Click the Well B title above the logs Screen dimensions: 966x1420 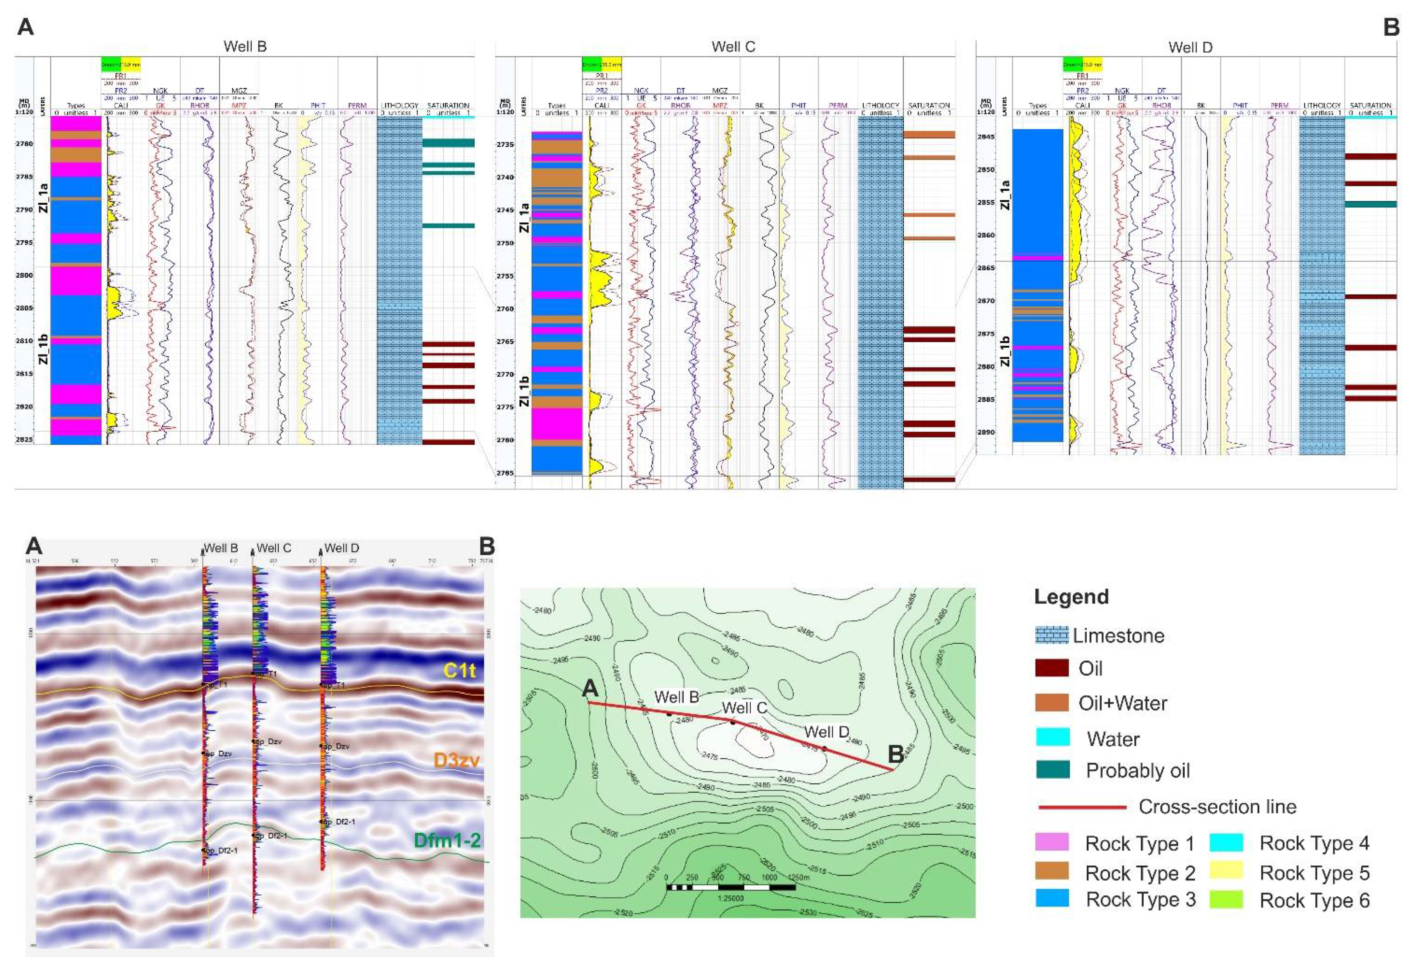[245, 46]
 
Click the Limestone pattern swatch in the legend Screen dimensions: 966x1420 [1052, 635]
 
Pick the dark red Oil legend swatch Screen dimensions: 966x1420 [1052, 668]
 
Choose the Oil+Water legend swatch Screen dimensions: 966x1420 [1052, 703]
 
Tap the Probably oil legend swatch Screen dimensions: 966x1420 [1052, 770]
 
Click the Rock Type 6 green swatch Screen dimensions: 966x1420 [1226, 900]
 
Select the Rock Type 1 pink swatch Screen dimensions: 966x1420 [1052, 843]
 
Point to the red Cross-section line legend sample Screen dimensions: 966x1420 [1082, 807]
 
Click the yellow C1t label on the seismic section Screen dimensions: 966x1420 [459, 670]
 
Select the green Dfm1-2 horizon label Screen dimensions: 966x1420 [446, 840]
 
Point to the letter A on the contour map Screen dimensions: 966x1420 [590, 688]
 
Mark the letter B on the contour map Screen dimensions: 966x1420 [895, 754]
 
